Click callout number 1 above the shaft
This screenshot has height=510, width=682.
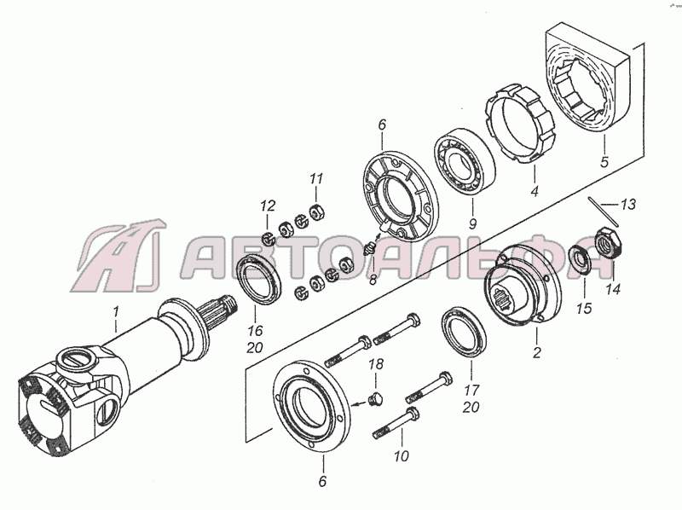click(116, 312)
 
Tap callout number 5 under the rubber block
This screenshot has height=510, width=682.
click(604, 162)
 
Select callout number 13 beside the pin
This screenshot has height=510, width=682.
click(628, 204)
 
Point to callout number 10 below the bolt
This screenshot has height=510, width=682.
click(402, 456)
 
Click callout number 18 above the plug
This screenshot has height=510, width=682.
click(377, 364)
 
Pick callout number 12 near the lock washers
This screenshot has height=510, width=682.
click(269, 206)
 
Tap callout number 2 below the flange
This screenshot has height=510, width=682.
click(537, 351)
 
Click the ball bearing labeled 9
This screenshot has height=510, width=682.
click(465, 163)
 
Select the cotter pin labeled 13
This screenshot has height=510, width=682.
click(604, 212)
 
